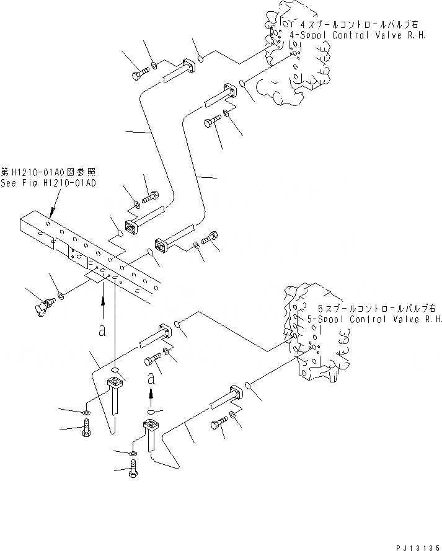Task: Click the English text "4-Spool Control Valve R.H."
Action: point(361,35)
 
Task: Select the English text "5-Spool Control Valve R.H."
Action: point(374,319)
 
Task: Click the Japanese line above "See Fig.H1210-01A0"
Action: point(48,172)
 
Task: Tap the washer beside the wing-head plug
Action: point(60,298)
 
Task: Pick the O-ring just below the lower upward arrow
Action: point(152,410)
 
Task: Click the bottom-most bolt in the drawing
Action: point(133,472)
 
